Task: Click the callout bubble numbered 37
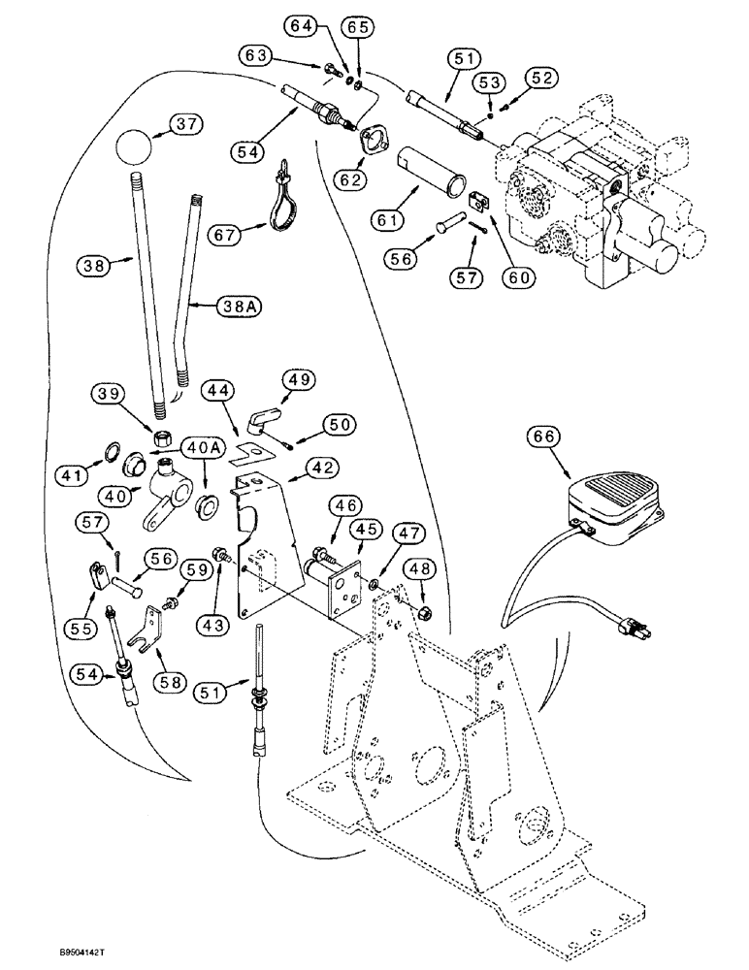[184, 124]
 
